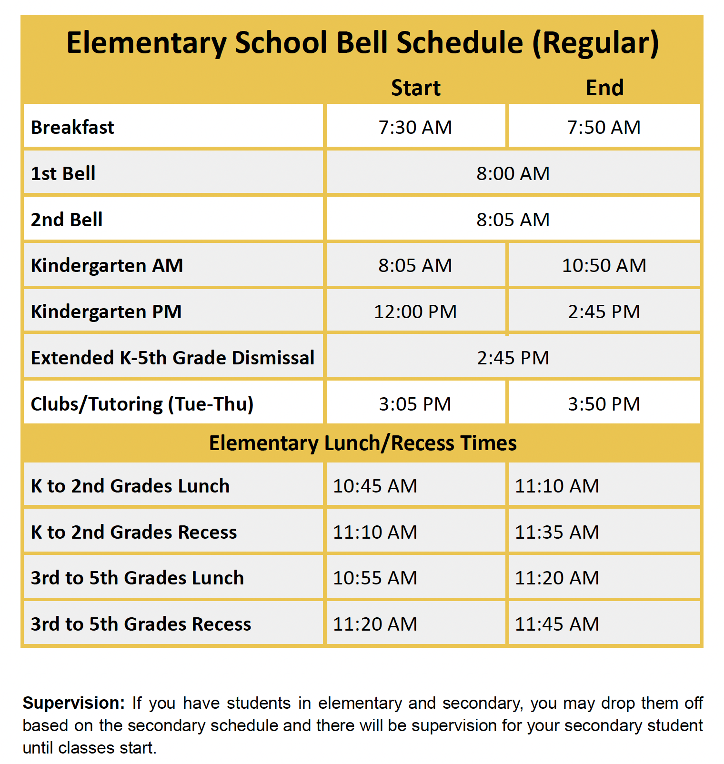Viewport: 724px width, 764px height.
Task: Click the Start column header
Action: [x=415, y=88]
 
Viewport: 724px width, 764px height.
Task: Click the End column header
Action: [x=604, y=88]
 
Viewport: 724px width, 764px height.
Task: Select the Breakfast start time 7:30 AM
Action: [x=415, y=127]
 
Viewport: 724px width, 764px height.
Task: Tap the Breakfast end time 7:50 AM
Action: [x=604, y=127]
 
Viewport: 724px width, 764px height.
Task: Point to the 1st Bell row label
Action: [x=63, y=173]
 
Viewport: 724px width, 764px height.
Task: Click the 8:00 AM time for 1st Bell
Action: [x=513, y=173]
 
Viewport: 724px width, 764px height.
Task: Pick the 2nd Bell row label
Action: [x=67, y=220]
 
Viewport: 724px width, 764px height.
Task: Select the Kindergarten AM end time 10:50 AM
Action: [x=604, y=265]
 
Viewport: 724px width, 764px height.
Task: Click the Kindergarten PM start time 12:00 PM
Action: [x=415, y=312]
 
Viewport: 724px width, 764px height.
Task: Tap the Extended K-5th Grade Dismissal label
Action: [x=172, y=358]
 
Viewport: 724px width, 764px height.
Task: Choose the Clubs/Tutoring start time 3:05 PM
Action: [x=415, y=404]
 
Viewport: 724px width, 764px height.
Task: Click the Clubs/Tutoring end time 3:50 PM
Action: [x=604, y=404]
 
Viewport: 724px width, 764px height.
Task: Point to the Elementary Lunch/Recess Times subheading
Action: [x=362, y=443]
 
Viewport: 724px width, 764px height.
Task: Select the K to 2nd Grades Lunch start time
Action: [x=375, y=486]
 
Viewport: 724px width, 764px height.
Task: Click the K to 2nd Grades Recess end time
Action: [x=557, y=532]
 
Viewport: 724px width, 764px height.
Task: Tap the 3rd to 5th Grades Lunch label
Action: [x=137, y=578]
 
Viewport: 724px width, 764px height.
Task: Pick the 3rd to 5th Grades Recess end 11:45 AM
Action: [x=557, y=624]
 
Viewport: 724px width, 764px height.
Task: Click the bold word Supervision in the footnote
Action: [x=73, y=703]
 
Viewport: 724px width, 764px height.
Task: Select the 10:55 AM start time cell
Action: [x=375, y=578]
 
